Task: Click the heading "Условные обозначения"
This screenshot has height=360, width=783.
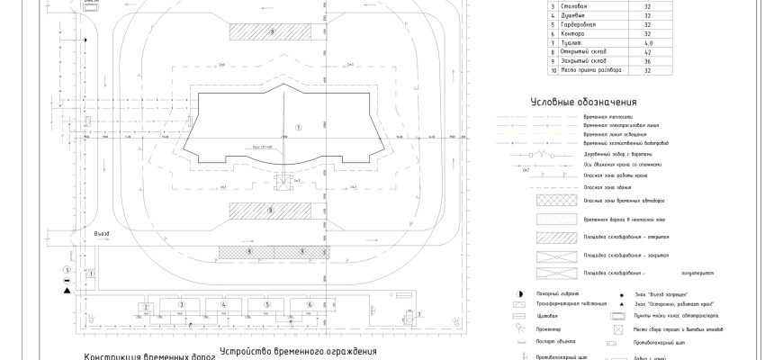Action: pos(584,102)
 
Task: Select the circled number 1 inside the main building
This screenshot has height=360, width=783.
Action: pos(299,124)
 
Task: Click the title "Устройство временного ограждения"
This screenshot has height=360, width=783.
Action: pos(296,350)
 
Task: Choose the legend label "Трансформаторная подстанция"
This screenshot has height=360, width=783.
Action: pos(577,305)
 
